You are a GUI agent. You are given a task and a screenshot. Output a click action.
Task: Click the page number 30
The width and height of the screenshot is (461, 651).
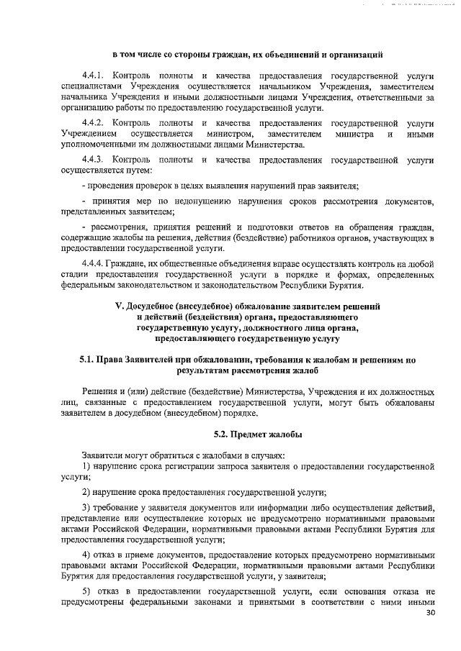(431, 613)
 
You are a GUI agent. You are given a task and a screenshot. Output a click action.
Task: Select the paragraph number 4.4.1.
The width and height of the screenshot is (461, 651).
(94, 76)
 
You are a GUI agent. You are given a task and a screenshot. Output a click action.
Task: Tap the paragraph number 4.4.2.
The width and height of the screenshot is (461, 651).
(94, 123)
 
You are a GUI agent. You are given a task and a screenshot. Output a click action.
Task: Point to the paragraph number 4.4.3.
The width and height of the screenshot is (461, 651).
(94, 159)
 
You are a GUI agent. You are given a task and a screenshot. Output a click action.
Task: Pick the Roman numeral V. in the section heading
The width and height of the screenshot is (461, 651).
(120, 306)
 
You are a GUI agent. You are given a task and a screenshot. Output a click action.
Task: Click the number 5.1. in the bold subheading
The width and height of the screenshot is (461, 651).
(89, 358)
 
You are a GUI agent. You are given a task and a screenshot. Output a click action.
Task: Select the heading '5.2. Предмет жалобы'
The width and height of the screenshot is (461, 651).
(258, 434)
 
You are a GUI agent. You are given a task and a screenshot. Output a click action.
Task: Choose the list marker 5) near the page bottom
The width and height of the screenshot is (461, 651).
(86, 591)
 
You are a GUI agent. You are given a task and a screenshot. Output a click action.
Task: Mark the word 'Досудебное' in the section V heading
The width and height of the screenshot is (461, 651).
(156, 306)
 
